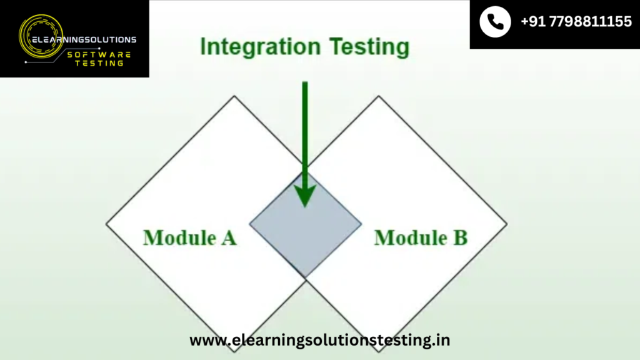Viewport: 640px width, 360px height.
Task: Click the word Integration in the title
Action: (261, 47)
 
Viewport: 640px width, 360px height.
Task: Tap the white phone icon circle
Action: (495, 22)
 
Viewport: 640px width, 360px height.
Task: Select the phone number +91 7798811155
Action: (576, 22)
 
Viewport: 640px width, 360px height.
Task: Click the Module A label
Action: (190, 237)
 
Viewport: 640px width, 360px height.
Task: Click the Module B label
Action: (421, 237)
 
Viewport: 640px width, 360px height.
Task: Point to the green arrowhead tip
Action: (305, 207)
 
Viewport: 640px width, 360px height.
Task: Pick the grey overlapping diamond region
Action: (305, 224)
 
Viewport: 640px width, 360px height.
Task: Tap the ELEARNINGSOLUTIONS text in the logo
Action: (84, 39)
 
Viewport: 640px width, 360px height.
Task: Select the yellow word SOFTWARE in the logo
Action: (99, 54)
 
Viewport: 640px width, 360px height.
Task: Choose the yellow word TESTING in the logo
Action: (99, 63)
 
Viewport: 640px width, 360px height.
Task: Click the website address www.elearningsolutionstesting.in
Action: (319, 340)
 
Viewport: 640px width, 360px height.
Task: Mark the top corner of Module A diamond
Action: (234, 96)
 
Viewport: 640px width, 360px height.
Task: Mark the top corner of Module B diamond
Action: (378, 96)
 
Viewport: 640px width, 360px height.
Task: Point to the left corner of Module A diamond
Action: (106, 224)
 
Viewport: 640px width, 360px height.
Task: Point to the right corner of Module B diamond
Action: (507, 224)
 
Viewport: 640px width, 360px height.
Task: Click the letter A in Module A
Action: (229, 237)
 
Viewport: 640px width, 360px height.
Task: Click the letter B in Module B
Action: (461, 237)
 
